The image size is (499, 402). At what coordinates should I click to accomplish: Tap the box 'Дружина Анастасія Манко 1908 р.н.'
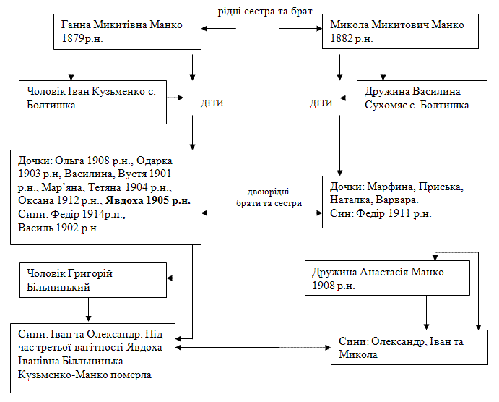[386, 279]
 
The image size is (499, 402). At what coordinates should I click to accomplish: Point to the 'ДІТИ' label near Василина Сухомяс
[321, 103]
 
